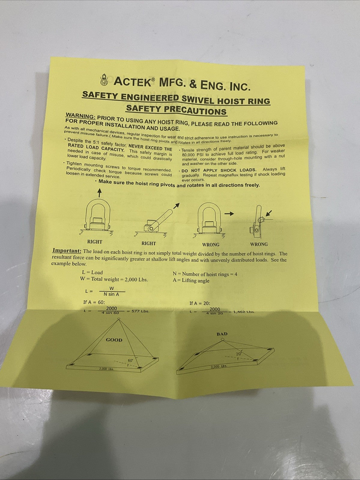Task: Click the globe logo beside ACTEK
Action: coord(104,79)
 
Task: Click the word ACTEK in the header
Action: coord(133,82)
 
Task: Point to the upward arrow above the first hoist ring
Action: coord(99,192)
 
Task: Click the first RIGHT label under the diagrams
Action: coord(95,242)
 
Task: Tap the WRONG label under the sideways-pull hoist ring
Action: coord(210,244)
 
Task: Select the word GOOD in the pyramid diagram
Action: coord(114,340)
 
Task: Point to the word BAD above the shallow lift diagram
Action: coord(222,334)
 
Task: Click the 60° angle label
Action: coord(131,360)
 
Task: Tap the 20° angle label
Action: coord(238,354)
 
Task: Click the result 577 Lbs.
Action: coord(141,311)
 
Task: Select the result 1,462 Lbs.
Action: coord(244,312)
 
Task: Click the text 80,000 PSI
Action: coord(193,155)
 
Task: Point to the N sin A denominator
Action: coord(111,294)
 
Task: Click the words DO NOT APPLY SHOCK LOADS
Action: coord(219,170)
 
